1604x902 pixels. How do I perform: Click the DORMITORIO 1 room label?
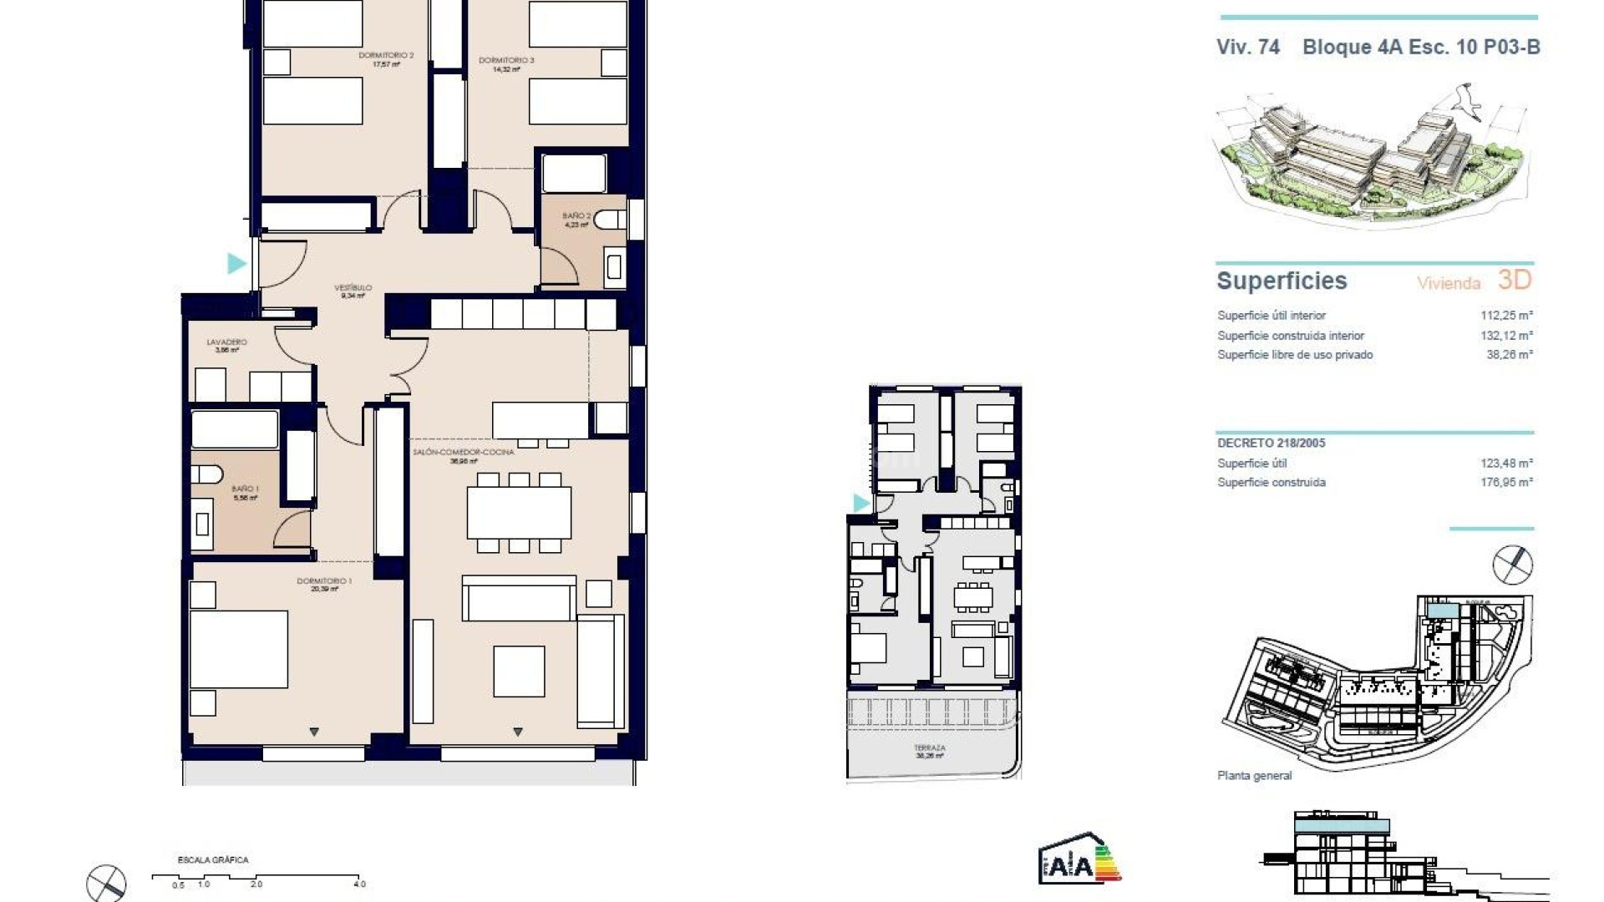coord(324,581)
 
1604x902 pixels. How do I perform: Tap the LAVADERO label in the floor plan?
coord(226,342)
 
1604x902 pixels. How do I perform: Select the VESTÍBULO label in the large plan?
coord(353,288)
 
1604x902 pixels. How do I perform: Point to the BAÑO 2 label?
coord(576,216)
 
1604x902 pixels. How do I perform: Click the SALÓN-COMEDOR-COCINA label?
coord(464,453)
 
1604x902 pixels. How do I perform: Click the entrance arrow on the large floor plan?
coord(236,264)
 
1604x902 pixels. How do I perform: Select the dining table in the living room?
coord(519,512)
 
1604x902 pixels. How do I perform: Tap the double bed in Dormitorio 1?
coord(239,650)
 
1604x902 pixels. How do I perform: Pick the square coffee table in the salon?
coord(519,671)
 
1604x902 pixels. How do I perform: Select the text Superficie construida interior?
coord(1290,336)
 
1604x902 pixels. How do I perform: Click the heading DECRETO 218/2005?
coord(1271,443)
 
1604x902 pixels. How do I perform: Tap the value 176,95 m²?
coord(1506,483)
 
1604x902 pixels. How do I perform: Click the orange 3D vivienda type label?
coord(1514,280)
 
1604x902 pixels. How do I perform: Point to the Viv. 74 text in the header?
coord(1247,48)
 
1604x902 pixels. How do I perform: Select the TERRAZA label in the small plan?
coord(929,748)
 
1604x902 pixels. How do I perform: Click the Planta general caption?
coord(1254,776)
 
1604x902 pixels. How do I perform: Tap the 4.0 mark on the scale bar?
coord(359,884)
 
